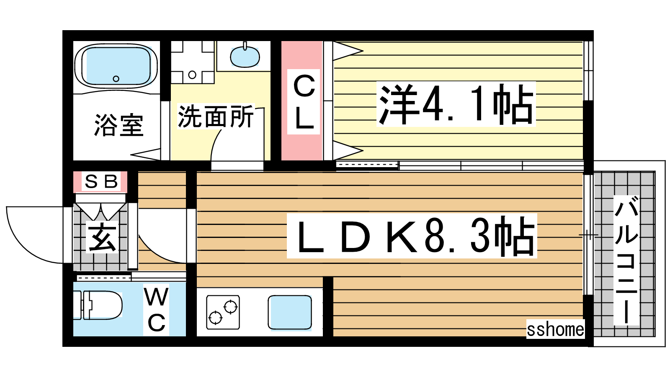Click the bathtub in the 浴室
click(116, 66)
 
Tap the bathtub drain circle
click(116, 79)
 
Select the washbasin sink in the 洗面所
click(245, 57)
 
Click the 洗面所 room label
click(215, 116)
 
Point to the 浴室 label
click(119, 125)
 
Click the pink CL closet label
click(304, 102)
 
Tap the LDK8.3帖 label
click(412, 236)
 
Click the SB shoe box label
click(101, 181)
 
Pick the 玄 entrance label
click(102, 238)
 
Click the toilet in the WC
click(98, 305)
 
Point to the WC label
click(156, 310)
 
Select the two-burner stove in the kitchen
click(223, 312)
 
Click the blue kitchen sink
click(289, 312)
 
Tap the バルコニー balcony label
click(626, 260)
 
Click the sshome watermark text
click(555, 330)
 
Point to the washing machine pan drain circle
click(192, 75)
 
